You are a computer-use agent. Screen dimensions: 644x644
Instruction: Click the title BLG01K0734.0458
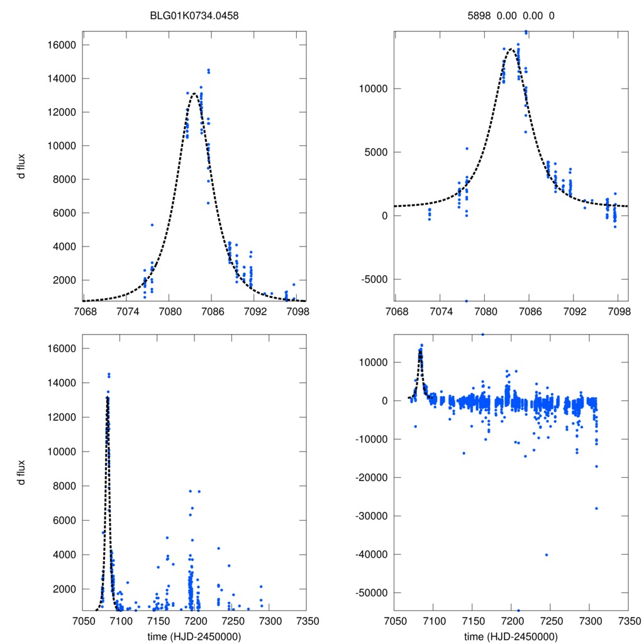194,16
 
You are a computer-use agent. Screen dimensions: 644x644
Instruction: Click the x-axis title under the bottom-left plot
194,636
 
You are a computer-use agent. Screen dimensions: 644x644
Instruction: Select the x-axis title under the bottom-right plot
511,636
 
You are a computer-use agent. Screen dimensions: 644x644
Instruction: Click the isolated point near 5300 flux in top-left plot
152,225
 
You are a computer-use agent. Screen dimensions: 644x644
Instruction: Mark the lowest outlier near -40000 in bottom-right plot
547,555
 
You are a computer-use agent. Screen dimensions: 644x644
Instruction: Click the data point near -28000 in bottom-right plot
596,508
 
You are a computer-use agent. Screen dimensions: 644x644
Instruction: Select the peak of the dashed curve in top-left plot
194,94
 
